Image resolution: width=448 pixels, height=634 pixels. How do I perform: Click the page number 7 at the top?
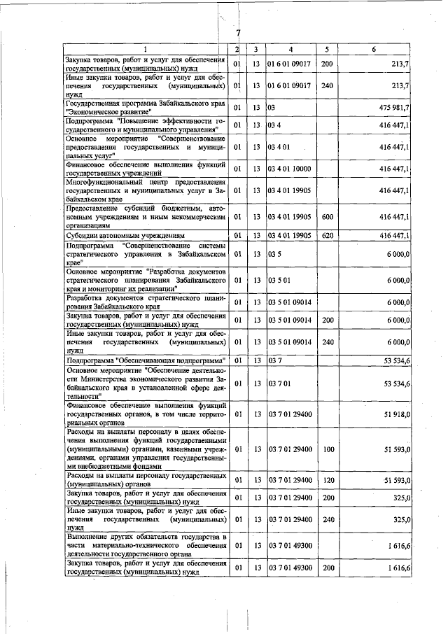coord(238,33)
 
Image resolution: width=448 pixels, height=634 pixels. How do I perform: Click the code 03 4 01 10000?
coord(290,169)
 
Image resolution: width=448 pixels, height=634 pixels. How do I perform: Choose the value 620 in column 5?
coord(326,237)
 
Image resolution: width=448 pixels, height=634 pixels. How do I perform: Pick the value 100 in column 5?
coord(326,449)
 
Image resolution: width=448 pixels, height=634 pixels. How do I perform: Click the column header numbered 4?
coord(290,49)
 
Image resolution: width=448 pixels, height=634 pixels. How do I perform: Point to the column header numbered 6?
coord(374,49)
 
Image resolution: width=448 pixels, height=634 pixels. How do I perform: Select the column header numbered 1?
coord(145,49)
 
